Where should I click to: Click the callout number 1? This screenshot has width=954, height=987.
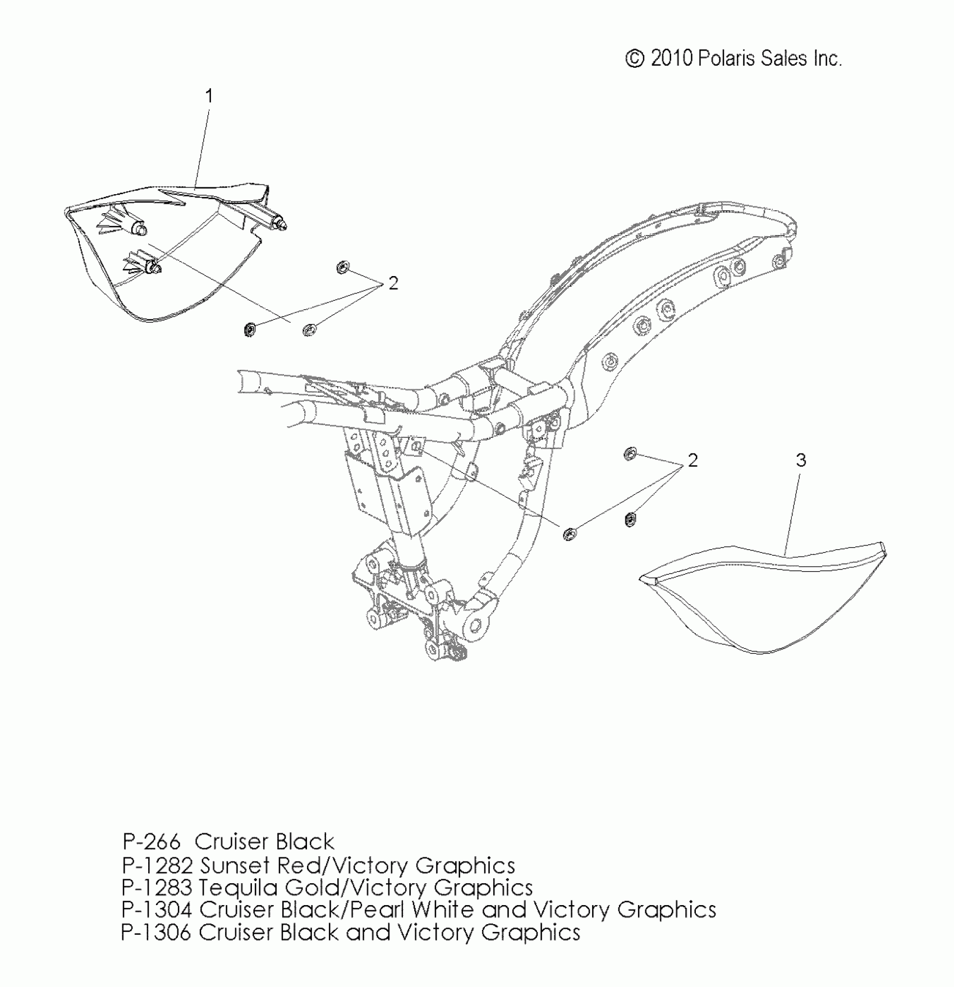click(209, 97)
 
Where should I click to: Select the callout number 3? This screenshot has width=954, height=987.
click(801, 461)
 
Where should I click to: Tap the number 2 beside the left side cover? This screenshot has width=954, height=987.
click(393, 284)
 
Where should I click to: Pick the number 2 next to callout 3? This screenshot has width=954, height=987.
click(693, 461)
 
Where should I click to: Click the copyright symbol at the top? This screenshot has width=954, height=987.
click(635, 59)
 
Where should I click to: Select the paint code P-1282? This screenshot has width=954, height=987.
click(158, 865)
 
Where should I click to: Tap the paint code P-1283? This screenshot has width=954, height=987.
click(158, 888)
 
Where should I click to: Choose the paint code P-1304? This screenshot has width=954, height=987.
click(158, 910)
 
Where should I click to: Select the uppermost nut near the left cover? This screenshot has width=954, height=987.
click(340, 267)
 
